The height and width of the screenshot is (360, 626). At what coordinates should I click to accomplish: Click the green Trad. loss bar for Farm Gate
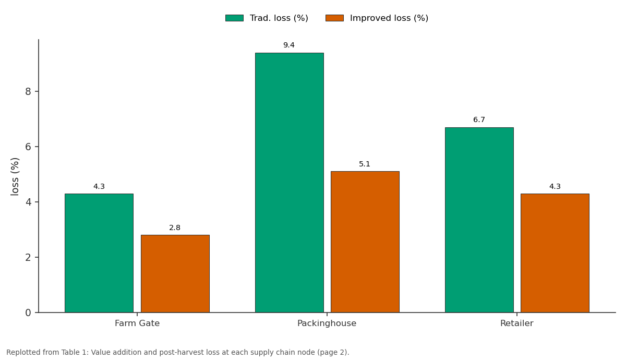click(99, 253)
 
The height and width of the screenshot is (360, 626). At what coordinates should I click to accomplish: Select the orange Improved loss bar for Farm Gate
click(175, 273)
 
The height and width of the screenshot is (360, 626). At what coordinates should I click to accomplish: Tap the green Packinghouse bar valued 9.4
click(290, 183)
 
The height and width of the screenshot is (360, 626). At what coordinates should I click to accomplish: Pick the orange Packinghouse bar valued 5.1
click(365, 242)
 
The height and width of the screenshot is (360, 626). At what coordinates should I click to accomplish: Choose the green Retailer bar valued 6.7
click(479, 220)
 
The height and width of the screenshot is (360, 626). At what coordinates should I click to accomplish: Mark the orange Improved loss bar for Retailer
click(555, 253)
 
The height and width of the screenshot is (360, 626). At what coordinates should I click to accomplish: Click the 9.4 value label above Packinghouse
click(289, 45)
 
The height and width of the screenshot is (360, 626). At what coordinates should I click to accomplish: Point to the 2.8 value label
click(175, 227)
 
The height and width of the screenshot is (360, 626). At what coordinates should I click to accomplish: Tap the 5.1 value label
click(365, 164)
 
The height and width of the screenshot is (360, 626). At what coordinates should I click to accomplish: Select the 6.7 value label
click(479, 119)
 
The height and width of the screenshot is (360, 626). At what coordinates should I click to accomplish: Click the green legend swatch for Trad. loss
click(234, 18)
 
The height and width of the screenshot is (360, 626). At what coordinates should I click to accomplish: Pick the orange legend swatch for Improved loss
click(334, 18)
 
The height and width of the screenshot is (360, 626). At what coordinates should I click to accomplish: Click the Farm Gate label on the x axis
click(137, 323)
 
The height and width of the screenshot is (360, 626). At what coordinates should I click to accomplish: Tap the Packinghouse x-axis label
click(327, 323)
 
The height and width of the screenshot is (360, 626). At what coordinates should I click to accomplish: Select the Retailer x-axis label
click(517, 323)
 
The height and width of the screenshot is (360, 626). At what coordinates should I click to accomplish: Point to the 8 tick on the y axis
click(28, 91)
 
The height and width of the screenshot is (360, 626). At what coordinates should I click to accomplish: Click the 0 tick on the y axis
click(28, 313)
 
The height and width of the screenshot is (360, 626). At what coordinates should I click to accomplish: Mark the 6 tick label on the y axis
click(28, 147)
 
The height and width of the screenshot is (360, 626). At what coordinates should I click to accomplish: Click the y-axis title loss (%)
click(15, 177)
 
